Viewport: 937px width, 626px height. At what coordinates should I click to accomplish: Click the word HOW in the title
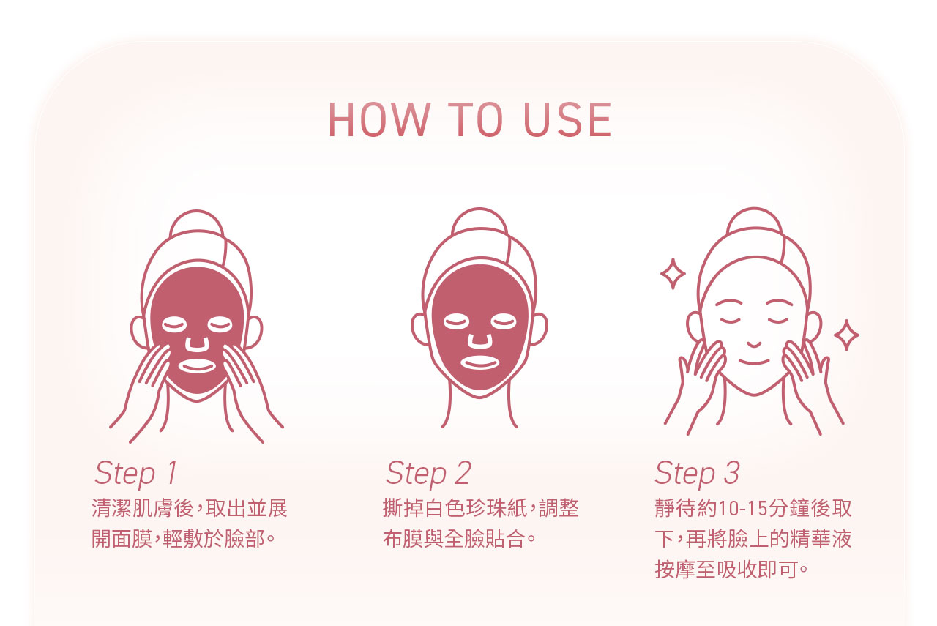[x=379, y=119]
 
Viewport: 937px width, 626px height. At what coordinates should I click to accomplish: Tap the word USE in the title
[x=567, y=119]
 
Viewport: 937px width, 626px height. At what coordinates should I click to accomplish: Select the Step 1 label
[x=136, y=473]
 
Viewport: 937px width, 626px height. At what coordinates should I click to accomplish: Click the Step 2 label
[x=428, y=473]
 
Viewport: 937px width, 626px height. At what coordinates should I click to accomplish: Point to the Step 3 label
[x=698, y=473]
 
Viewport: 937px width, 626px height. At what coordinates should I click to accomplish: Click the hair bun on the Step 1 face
[x=197, y=221]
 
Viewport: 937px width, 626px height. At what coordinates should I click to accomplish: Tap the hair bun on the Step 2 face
[x=479, y=219]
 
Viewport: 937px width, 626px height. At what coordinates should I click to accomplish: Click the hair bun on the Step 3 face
[x=754, y=219]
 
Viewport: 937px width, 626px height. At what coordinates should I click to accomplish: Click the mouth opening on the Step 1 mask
[x=197, y=365]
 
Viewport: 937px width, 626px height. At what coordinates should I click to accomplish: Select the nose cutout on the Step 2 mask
[x=479, y=340]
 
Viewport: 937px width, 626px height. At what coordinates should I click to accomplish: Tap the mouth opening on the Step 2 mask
[x=479, y=362]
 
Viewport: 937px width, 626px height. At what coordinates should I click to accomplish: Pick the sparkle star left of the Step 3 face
[x=673, y=274]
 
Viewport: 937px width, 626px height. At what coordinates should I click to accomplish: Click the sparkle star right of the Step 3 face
[x=846, y=335]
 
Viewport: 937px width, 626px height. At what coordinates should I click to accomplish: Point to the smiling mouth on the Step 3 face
[x=754, y=362]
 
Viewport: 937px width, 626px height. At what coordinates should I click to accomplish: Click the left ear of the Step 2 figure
[x=420, y=329]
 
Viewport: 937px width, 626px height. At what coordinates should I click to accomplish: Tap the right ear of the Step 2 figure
[x=539, y=329]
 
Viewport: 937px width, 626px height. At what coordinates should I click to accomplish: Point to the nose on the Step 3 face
[x=754, y=344]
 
